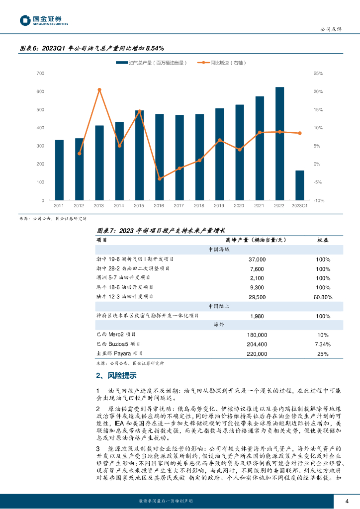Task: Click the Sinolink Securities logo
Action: (44, 20)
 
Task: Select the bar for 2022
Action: (279, 144)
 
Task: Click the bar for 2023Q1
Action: (300, 185)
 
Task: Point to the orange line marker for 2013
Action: (99, 89)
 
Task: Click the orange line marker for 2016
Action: (160, 178)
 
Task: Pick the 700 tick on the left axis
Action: (41, 74)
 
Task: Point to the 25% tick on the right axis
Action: (318, 74)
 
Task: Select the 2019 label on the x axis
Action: (219, 205)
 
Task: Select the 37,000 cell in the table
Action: (257, 259)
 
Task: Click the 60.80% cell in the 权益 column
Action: (323, 296)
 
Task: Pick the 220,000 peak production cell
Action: (257, 353)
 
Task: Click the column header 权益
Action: (323, 240)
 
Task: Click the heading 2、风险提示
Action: (116, 375)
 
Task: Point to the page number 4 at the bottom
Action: (347, 500)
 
